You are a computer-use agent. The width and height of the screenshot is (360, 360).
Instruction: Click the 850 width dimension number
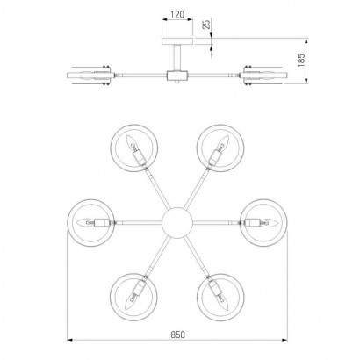[178, 335]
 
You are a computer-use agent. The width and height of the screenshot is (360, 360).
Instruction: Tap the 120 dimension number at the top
[177, 14]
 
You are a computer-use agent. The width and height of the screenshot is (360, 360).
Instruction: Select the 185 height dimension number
[301, 61]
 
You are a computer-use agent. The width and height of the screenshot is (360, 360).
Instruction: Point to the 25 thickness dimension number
[206, 24]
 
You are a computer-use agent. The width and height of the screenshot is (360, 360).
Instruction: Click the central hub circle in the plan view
[177, 223]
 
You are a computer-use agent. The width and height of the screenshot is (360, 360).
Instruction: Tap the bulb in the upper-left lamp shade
[131, 142]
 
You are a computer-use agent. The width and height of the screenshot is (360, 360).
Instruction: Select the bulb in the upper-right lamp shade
[224, 142]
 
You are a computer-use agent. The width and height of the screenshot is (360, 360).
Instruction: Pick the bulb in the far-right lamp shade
[269, 223]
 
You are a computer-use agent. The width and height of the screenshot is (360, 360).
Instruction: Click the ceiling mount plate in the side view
[177, 41]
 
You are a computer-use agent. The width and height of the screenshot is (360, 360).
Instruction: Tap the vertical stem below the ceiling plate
[177, 58]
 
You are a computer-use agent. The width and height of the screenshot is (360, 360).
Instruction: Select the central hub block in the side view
[177, 76]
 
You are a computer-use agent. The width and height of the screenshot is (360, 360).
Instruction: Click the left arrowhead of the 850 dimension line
[70, 340]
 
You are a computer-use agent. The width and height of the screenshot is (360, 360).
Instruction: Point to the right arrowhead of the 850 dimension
[284, 340]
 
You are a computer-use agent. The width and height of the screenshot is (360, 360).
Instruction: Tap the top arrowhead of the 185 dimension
[306, 40]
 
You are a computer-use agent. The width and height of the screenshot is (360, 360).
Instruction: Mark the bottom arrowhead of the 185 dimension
[306, 81]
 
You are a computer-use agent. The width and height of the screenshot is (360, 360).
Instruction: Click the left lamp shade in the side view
[90, 76]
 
